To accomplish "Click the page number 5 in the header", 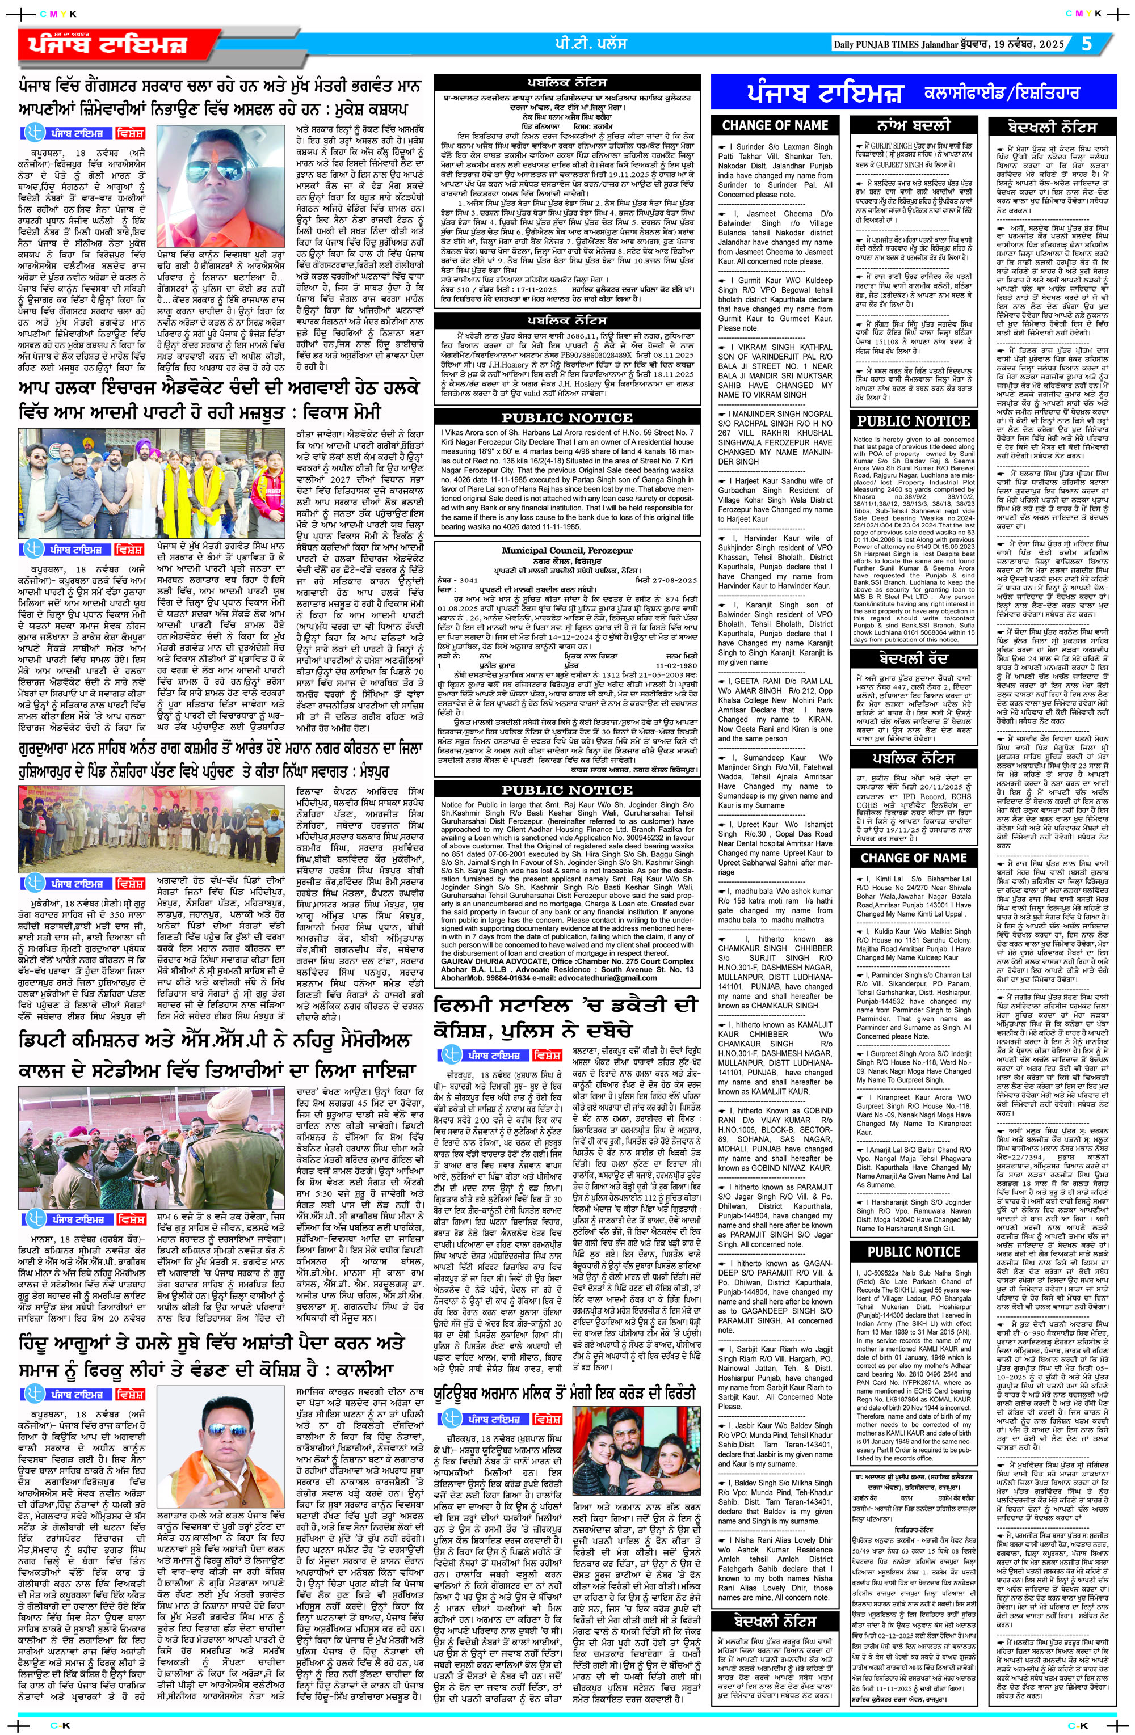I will click(x=1087, y=44).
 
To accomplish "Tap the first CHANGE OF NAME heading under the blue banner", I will click(x=774, y=125).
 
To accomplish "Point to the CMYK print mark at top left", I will click(x=51, y=13).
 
